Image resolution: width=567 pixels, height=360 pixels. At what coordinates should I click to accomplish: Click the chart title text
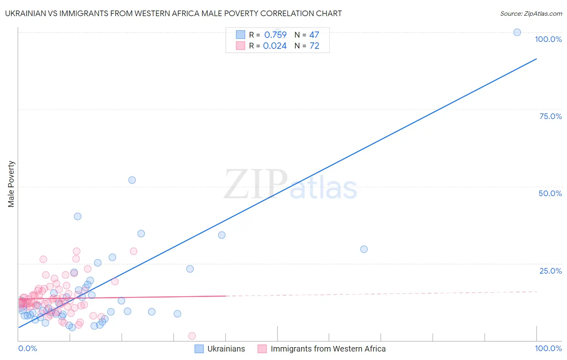pyautogui.click(x=173, y=14)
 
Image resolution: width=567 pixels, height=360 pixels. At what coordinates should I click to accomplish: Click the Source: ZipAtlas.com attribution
pyautogui.click(x=531, y=14)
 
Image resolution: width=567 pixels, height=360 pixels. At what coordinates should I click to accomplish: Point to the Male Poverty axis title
pyautogui.click(x=11, y=184)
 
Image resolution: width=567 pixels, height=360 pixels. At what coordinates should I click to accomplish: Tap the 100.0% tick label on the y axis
pyautogui.click(x=548, y=39)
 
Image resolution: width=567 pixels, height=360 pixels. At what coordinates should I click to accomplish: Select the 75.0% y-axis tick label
pyautogui.click(x=550, y=116)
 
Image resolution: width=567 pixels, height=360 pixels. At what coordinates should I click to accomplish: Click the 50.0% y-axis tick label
pyautogui.click(x=550, y=193)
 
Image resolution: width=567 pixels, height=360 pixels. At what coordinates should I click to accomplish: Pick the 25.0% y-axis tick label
pyautogui.click(x=550, y=271)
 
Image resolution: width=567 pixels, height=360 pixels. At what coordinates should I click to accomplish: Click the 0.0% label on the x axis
pyautogui.click(x=27, y=348)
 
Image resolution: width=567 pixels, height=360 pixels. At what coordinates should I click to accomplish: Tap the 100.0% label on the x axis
pyautogui.click(x=548, y=348)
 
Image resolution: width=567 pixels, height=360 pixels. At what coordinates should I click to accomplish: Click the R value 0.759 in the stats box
pyautogui.click(x=275, y=35)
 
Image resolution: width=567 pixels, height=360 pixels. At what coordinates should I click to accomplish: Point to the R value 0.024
pyautogui.click(x=275, y=46)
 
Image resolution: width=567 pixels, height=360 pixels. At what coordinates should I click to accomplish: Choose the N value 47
pyautogui.click(x=314, y=35)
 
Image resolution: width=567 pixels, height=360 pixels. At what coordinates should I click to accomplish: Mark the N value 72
pyautogui.click(x=314, y=46)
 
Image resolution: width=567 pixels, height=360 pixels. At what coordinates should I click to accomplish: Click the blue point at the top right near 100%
pyautogui.click(x=517, y=32)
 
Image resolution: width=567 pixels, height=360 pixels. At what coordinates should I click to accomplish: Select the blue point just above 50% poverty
pyautogui.click(x=132, y=180)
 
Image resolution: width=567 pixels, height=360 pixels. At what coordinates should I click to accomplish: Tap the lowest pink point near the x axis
pyautogui.click(x=192, y=336)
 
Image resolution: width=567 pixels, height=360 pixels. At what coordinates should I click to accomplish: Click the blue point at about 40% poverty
pyautogui.click(x=77, y=216)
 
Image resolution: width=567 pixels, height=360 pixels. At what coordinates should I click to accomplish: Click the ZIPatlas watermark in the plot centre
pyautogui.click(x=290, y=185)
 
